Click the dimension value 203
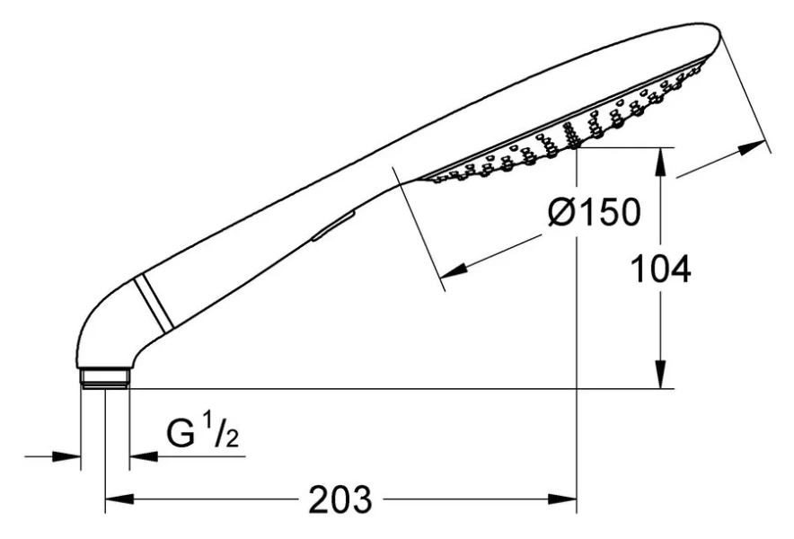pyautogui.click(x=340, y=499)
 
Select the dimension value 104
pyautogui.click(x=662, y=269)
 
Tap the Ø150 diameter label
pyautogui.click(x=595, y=212)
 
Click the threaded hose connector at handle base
pyautogui.click(x=105, y=378)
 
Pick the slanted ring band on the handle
pyautogui.click(x=154, y=303)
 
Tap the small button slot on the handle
pyautogui.click(x=333, y=226)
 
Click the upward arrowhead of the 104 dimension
pyautogui.click(x=661, y=161)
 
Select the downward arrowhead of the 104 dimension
pyautogui.click(x=661, y=375)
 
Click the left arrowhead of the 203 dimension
pyautogui.click(x=119, y=499)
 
